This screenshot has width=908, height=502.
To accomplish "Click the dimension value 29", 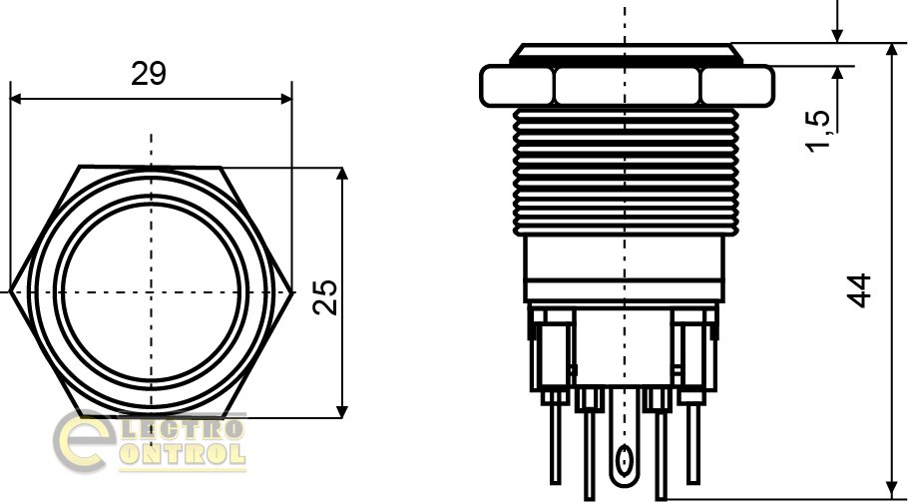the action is [x=149, y=74].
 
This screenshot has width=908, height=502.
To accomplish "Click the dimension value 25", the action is [x=325, y=297].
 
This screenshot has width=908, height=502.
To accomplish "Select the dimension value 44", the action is [x=859, y=290].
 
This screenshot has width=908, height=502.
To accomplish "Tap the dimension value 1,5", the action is [x=819, y=131].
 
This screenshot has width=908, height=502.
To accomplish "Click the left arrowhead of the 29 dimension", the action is [x=16, y=99].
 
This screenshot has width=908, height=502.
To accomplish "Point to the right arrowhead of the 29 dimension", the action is [x=286, y=99].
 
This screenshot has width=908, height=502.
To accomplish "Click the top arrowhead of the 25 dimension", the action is [x=342, y=174].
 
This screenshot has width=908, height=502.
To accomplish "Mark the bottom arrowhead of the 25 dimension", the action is [x=342, y=411].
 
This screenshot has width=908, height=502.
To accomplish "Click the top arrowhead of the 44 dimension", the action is [x=892, y=49].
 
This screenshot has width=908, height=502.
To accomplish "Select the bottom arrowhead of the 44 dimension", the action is [x=892, y=491].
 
